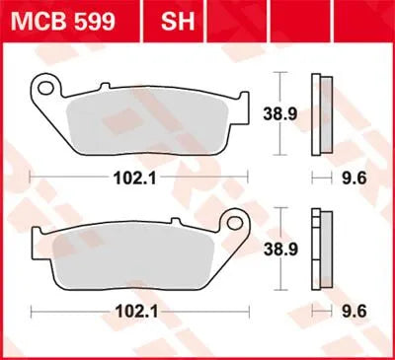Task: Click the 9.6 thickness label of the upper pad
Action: (352, 179)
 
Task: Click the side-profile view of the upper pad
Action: (318, 115)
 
